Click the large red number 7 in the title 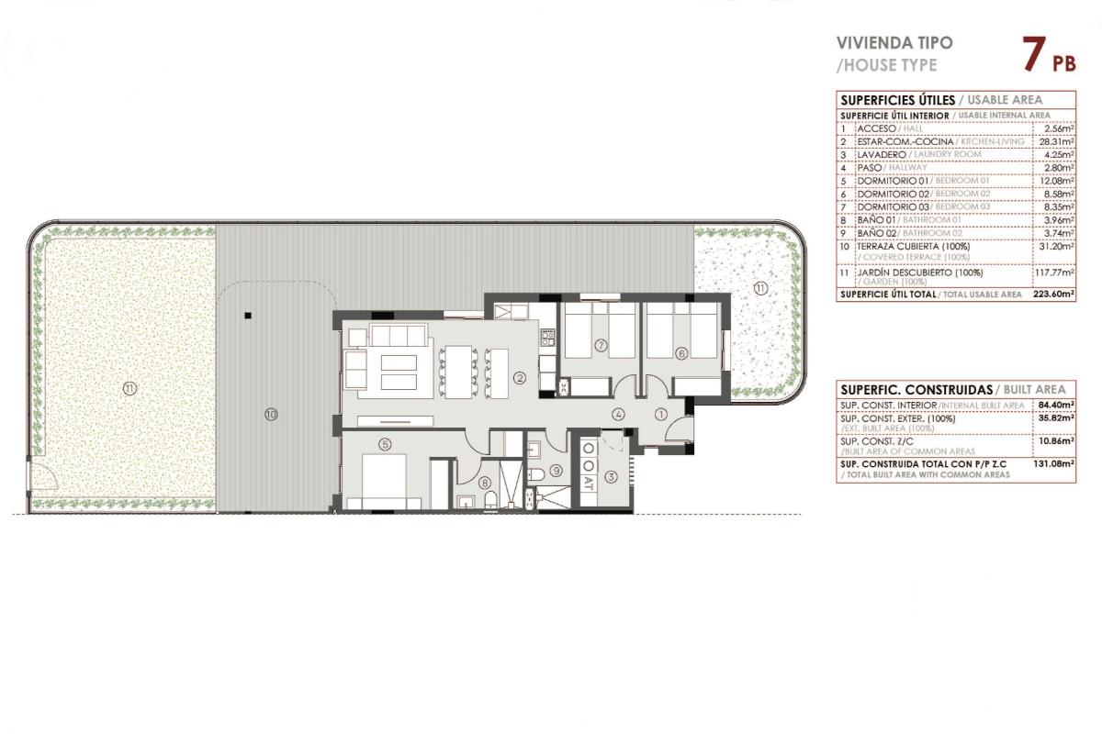pyautogui.click(x=1034, y=54)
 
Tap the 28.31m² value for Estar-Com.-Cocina pyautogui.click(x=1056, y=141)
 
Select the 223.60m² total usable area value pyautogui.click(x=1054, y=294)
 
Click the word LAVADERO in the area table pyautogui.click(x=882, y=154)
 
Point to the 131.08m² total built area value pyautogui.click(x=1053, y=463)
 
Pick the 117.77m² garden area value pyautogui.click(x=1054, y=272)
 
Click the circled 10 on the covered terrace pyautogui.click(x=271, y=415)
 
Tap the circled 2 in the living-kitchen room pyautogui.click(x=520, y=378)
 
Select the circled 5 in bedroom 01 pyautogui.click(x=385, y=444)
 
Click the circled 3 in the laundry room pyautogui.click(x=611, y=476)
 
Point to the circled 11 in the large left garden pyautogui.click(x=129, y=389)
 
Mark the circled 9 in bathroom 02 pyautogui.click(x=556, y=471)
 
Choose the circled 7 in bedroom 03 pyautogui.click(x=601, y=346)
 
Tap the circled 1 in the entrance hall pyautogui.click(x=660, y=415)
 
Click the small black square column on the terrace pyautogui.click(x=248, y=316)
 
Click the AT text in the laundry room pyautogui.click(x=589, y=483)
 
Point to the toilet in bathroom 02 pyautogui.click(x=536, y=474)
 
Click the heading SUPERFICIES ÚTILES pyautogui.click(x=897, y=100)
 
